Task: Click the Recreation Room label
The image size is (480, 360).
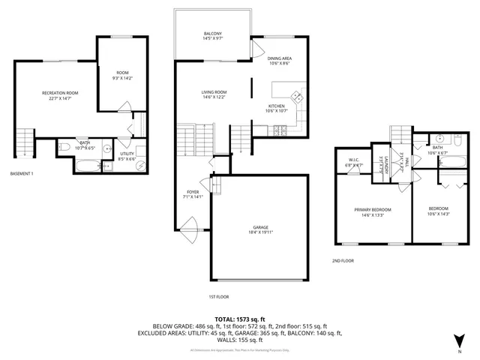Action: point(60,93)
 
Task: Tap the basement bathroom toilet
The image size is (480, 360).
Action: point(64,146)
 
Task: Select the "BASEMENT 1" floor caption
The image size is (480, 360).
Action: point(22,174)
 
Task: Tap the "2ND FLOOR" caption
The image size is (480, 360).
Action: point(343,261)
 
